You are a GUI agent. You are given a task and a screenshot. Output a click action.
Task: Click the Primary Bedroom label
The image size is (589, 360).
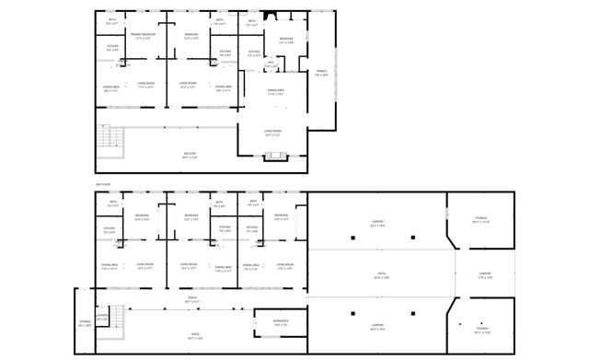click(143, 36)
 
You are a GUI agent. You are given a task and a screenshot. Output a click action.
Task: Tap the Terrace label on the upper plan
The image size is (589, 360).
click(321, 73)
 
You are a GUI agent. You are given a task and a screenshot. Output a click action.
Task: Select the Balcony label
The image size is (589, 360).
click(190, 155)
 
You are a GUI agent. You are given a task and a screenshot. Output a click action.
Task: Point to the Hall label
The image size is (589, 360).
click(271, 65)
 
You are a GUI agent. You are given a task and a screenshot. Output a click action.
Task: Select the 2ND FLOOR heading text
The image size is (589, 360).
click(102, 186)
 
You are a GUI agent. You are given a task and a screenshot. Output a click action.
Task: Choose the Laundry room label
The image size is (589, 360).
click(101, 318)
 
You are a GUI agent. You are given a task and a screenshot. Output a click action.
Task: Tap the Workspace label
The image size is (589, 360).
click(281, 322)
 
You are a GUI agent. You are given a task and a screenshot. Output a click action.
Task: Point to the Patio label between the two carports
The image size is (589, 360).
click(379, 274)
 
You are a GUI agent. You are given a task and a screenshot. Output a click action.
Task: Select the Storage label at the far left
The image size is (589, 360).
click(85, 323)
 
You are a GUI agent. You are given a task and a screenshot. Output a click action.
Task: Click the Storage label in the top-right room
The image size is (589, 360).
click(480, 220)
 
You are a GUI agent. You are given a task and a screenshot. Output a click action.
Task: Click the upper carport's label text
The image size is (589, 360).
click(378, 223)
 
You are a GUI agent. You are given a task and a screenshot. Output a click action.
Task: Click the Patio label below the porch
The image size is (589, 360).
click(195, 337)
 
